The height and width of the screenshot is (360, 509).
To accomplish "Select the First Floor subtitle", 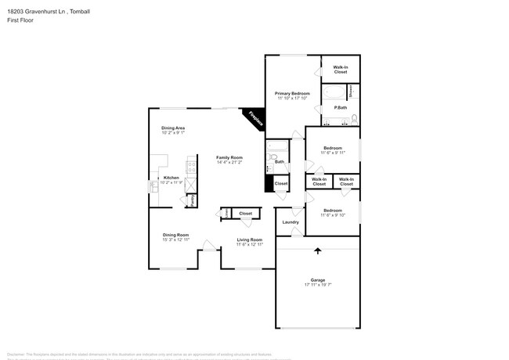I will coord(17,21).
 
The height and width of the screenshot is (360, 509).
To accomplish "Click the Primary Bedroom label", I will coord(292,93).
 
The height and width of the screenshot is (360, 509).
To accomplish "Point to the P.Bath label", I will coord(341,107).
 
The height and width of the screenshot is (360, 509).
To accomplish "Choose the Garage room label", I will coord(317,279).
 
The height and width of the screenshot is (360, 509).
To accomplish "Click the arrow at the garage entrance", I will coord(317,251).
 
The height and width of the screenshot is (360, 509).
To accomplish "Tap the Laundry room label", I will coord(291,222).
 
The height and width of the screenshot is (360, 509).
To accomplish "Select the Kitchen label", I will coord(171,178).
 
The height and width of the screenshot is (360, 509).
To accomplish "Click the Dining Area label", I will coord(173,128).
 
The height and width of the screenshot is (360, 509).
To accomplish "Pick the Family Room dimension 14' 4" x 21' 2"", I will coord(229,162).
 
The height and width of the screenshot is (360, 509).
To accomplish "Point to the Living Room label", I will coord(249,239).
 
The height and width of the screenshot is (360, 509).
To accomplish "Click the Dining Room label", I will coord(176,235).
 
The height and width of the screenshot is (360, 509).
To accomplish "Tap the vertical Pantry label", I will coord(192,200).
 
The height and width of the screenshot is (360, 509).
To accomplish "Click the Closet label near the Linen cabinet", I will coord(245,213).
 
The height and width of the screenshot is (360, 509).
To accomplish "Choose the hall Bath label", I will coord(279,162).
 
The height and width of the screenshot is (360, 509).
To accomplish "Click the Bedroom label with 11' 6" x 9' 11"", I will coord(333,147).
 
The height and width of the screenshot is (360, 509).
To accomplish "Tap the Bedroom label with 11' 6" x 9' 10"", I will coord(333,210).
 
